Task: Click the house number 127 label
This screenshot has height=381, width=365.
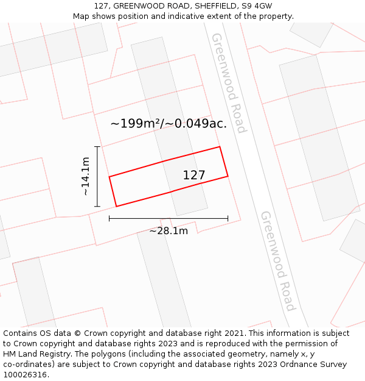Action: click(x=194, y=175)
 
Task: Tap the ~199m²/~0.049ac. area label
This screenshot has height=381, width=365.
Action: click(x=169, y=123)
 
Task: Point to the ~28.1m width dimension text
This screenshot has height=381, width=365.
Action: click(x=169, y=230)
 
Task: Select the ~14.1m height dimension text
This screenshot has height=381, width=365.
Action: click(x=86, y=176)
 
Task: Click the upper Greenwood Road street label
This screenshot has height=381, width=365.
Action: click(x=229, y=83)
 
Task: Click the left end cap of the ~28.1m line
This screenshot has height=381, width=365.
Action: click(x=109, y=218)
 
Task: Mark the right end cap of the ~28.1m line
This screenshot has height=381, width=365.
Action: click(x=228, y=218)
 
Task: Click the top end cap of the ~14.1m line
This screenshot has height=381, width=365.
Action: click(x=97, y=147)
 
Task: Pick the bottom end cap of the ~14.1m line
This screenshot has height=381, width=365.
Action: click(x=97, y=207)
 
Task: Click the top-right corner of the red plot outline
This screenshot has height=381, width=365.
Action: click(x=220, y=147)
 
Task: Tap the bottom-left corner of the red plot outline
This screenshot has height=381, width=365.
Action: click(x=116, y=207)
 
